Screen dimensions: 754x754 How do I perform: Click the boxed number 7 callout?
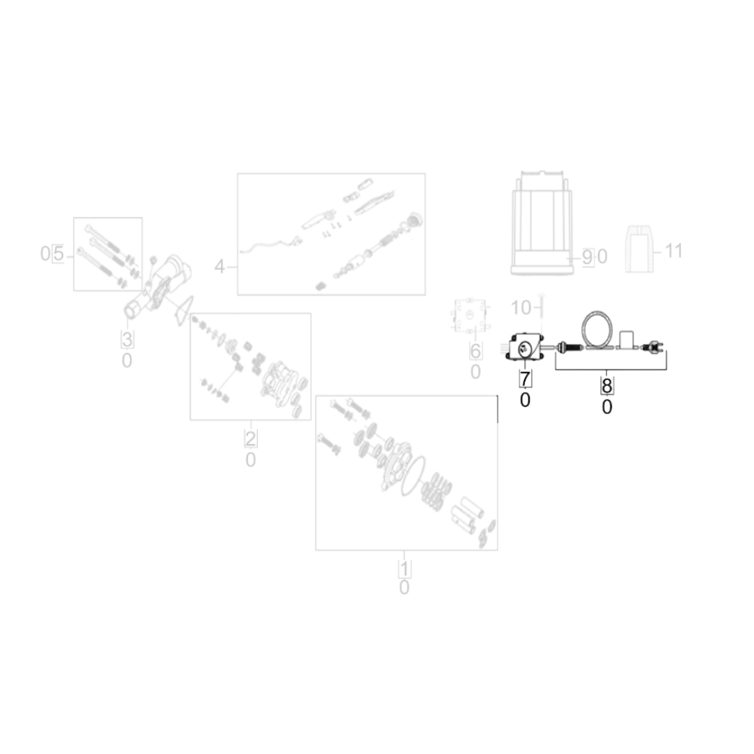[x=525, y=379]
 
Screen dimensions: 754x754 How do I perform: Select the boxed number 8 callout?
[x=607, y=385]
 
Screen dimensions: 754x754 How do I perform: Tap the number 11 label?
[x=673, y=250]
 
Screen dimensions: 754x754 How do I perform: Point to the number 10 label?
[x=521, y=308]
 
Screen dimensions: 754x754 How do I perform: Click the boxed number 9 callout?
[x=587, y=257]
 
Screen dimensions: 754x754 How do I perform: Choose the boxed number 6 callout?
[x=475, y=351]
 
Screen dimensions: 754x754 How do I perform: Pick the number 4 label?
[x=219, y=266]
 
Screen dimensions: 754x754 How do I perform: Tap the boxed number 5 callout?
[x=58, y=253]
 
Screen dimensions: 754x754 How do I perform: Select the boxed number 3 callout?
[x=127, y=339]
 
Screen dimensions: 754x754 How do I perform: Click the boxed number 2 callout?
[x=250, y=439]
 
